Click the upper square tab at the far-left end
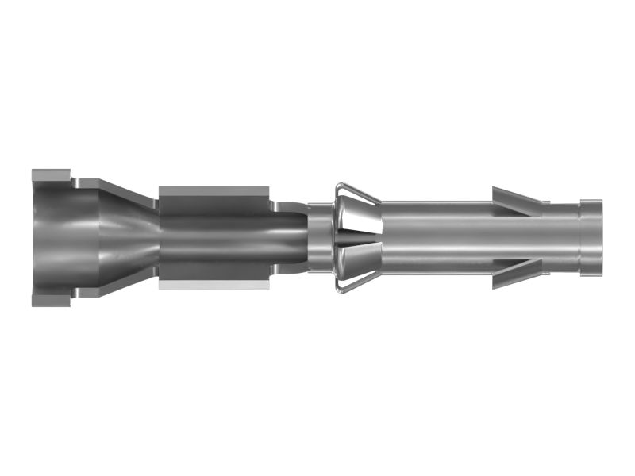tap(51, 175)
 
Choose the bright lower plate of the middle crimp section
tap(214, 284)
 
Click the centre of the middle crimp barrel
tap(214, 238)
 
